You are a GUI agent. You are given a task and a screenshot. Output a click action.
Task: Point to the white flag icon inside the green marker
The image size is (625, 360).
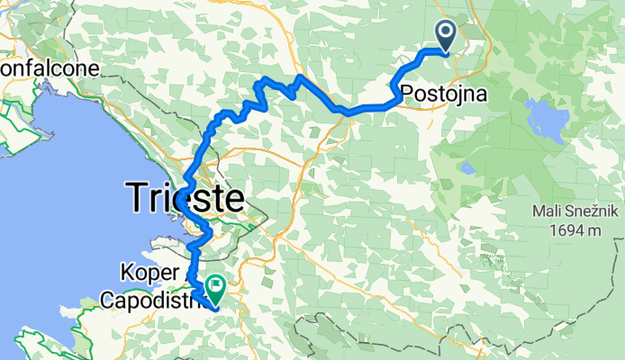click(x=217, y=286)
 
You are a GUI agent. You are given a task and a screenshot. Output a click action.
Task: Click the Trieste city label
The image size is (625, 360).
click(x=185, y=197)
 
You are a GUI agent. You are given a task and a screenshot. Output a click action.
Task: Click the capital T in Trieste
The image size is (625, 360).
click(x=136, y=197)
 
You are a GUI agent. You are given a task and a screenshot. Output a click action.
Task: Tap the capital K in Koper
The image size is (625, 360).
click(x=124, y=271)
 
